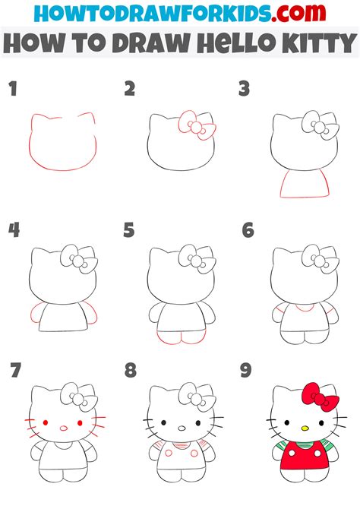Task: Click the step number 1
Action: click(x=13, y=90)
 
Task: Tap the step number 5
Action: click(x=129, y=229)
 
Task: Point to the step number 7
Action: click(x=14, y=371)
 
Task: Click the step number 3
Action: click(x=245, y=90)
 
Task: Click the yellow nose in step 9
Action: click(x=303, y=428)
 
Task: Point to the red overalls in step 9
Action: click(x=303, y=460)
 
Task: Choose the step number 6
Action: click(x=247, y=229)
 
